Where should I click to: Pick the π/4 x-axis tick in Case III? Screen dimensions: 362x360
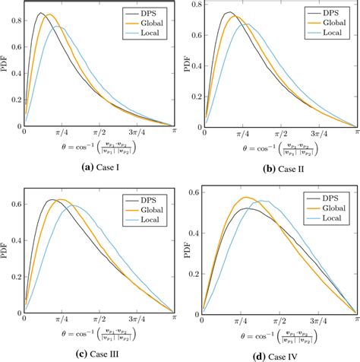click(x=60, y=316)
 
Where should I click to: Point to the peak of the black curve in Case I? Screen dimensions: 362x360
click(x=39, y=13)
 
